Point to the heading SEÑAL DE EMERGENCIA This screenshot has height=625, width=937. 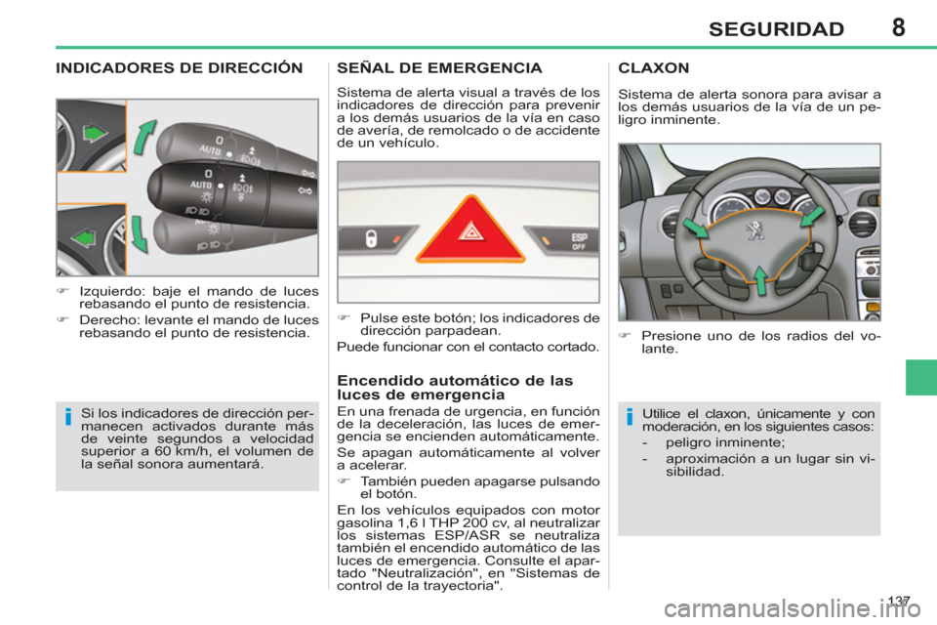[439, 69]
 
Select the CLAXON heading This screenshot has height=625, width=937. [654, 69]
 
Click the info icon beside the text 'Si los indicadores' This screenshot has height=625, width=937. [69, 419]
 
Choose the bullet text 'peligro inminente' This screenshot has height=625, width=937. [717, 440]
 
